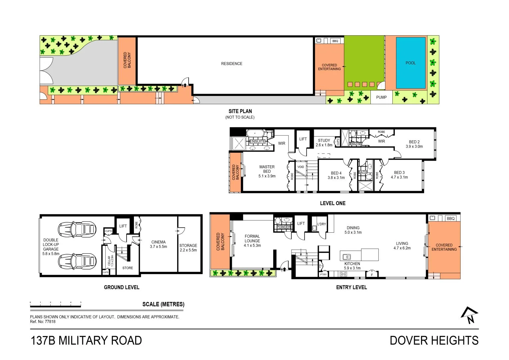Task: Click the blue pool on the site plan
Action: [410, 63]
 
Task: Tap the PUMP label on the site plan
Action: [381, 97]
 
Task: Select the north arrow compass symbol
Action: [469, 315]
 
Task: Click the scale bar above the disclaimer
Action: [56, 304]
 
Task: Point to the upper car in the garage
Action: [77, 229]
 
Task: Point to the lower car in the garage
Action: [77, 261]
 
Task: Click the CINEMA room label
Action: [158, 244]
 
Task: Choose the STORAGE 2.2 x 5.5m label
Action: [188, 248]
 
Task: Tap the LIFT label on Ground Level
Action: [123, 226]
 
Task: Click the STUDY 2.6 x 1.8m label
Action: [324, 143]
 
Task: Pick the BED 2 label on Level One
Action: [414, 144]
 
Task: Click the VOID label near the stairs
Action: [300, 167]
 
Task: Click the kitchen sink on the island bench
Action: [347, 257]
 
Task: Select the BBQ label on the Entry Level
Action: [450, 219]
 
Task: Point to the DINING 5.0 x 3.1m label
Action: [353, 230]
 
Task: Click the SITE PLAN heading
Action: [240, 111]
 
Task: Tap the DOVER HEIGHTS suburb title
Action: [434, 341]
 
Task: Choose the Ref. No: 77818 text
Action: [43, 322]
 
